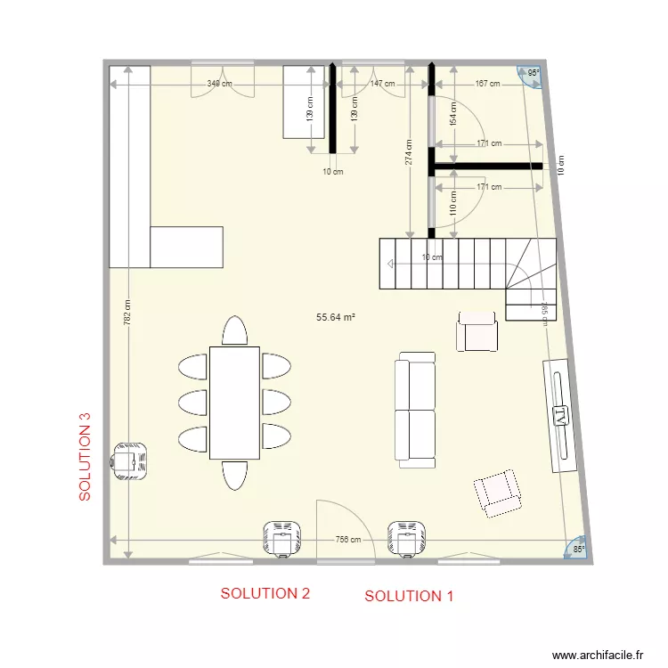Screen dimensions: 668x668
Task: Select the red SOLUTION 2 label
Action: [265, 593]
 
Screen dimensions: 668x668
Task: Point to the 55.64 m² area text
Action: [336, 316]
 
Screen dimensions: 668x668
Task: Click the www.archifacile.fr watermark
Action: [598, 654]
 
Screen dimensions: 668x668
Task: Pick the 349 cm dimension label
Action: [219, 84]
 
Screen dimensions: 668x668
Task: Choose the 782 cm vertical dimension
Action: [127, 310]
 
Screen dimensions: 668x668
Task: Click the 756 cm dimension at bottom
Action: [348, 539]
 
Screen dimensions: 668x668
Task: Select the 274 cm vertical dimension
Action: [409, 151]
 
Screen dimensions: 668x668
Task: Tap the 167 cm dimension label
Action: [487, 84]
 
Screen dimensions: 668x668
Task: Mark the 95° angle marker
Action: [532, 75]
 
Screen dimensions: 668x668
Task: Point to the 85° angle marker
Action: [577, 549]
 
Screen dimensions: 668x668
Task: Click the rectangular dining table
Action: [234, 403]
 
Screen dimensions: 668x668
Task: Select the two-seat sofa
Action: [416, 410]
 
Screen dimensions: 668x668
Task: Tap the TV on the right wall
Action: [560, 415]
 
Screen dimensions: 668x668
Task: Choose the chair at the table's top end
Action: [234, 330]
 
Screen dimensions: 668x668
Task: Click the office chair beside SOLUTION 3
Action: [130, 461]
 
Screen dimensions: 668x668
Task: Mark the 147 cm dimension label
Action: [383, 84]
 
